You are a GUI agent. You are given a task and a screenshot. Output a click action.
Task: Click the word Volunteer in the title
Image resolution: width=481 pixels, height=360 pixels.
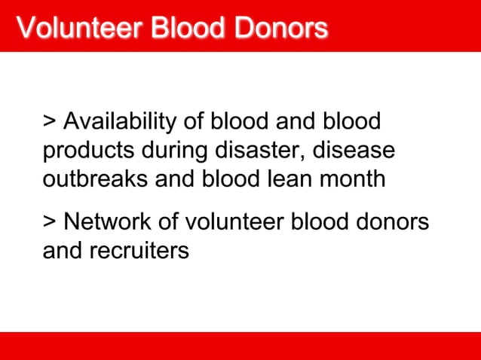78,28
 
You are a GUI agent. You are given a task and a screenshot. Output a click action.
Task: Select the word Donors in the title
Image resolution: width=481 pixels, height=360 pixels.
280,28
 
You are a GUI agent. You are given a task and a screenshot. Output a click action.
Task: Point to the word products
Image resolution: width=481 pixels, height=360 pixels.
89,151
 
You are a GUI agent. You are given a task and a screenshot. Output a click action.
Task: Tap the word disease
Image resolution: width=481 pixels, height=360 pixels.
355,151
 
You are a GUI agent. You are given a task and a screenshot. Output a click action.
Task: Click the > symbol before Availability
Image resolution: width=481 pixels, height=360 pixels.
51,121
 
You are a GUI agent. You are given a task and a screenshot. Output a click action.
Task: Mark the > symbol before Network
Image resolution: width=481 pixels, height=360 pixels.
51,222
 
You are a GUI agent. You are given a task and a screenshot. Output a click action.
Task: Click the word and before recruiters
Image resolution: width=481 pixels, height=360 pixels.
63,251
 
